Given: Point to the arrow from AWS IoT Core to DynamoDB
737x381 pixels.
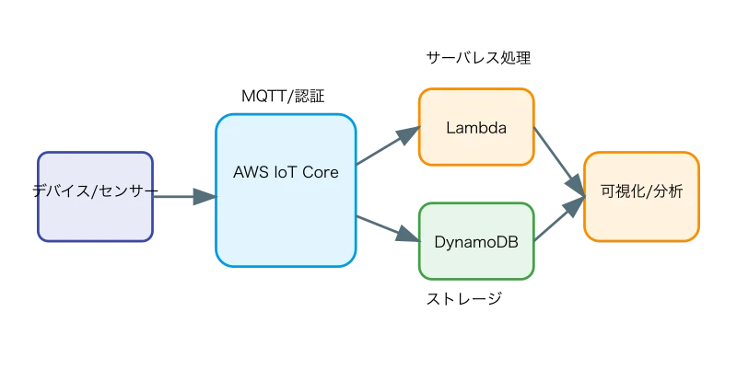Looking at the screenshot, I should tap(385, 225).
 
